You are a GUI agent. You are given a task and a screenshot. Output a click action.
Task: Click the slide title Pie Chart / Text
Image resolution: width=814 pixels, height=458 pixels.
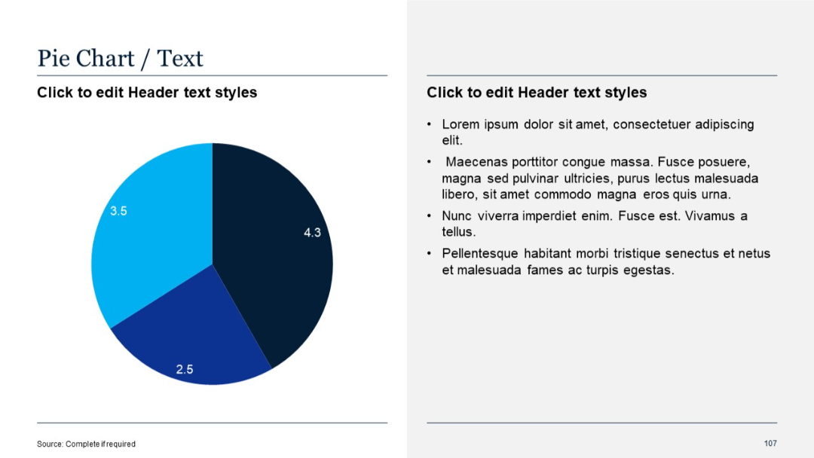click(x=121, y=59)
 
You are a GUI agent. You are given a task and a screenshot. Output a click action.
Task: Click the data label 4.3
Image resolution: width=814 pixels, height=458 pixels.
click(x=312, y=233)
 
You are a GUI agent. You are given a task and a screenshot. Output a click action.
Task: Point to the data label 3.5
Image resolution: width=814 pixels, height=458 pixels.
click(x=118, y=211)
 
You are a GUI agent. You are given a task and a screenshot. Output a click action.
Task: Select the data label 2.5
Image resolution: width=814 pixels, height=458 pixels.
click(x=185, y=369)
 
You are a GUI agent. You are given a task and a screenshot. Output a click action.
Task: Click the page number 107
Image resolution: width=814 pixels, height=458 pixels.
click(x=770, y=443)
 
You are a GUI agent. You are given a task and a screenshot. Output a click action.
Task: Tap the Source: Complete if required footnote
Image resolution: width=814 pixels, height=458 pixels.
click(x=86, y=444)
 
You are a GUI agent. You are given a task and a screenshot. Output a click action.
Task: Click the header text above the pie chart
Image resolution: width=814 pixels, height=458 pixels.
click(x=147, y=93)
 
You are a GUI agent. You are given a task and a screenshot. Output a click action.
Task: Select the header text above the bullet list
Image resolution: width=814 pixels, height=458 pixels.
click(x=537, y=93)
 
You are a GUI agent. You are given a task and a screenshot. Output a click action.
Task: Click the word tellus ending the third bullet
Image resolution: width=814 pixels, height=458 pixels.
click(x=457, y=232)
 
